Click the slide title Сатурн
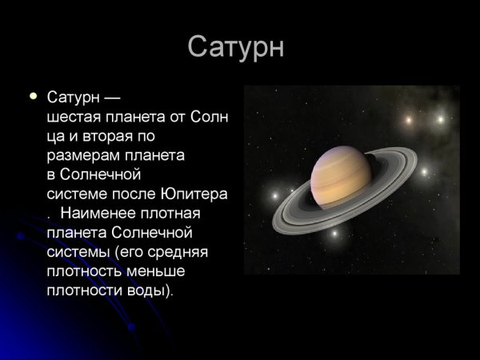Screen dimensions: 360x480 click(236, 47)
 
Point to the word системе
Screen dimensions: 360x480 click(75, 194)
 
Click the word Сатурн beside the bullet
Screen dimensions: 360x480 click(73, 98)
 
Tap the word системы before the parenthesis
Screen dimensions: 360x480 click(76, 252)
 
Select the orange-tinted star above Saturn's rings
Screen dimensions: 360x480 click(408, 120)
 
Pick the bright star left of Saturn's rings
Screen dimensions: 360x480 click(274, 195)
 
